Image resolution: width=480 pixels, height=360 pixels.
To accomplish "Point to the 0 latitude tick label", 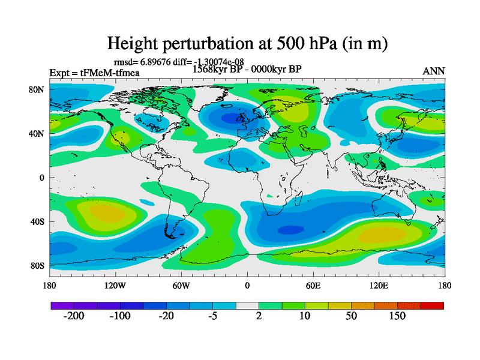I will (x=43, y=178).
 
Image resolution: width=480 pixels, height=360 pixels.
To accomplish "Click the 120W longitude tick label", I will (x=115, y=285).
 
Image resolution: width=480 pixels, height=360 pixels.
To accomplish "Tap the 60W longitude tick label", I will (x=181, y=285).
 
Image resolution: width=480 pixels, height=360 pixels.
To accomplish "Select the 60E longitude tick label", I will (x=313, y=285).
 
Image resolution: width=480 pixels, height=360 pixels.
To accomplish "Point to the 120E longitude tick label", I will (x=379, y=285).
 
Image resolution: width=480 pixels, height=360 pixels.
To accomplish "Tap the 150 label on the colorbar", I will (x=397, y=317).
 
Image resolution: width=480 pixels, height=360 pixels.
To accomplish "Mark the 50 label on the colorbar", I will (x=351, y=317).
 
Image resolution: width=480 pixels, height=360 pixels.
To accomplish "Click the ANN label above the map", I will (x=434, y=71).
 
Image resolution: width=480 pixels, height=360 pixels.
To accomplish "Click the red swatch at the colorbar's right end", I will (x=432, y=305).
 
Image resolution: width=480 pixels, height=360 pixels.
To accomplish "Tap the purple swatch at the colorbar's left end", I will (x=62, y=305).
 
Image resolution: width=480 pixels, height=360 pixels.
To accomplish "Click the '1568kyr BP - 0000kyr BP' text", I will (x=247, y=68).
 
